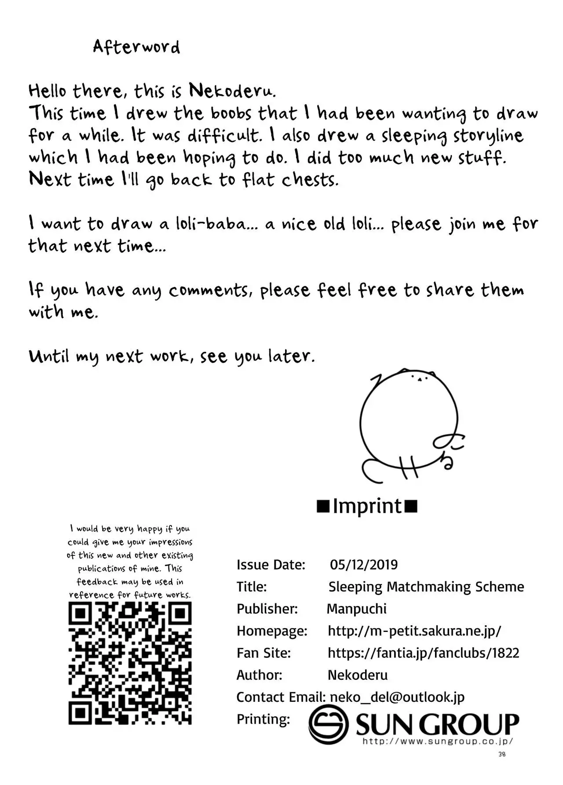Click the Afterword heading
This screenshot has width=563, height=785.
tap(136, 47)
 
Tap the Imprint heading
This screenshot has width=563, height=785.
tap(367, 506)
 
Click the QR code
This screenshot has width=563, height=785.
tap(130, 664)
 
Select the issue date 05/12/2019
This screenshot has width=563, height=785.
tap(364, 565)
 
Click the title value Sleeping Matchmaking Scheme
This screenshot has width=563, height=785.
tap(426, 587)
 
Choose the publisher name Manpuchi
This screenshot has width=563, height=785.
tap(357, 609)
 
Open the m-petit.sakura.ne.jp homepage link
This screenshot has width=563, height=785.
tap(414, 631)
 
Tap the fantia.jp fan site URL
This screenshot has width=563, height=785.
tap(424, 653)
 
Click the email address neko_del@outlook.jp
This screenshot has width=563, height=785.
tap(397, 697)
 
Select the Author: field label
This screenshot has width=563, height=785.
tap(260, 675)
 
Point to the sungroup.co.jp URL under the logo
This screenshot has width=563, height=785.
tap(438, 742)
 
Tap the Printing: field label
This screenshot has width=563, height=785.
tap(263, 719)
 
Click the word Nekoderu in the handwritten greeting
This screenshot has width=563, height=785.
tap(232, 91)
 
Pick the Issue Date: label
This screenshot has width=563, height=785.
tap(271, 565)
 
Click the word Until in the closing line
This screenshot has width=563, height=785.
tap(49, 356)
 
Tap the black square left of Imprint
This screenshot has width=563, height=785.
tap(323, 507)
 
